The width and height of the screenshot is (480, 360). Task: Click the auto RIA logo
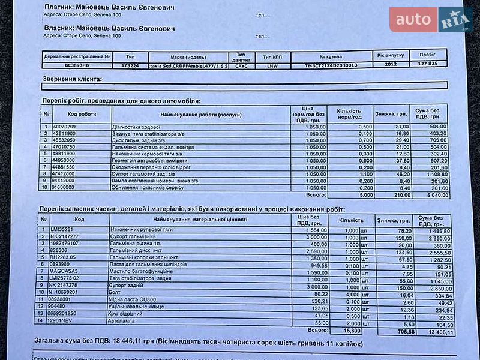(430, 19)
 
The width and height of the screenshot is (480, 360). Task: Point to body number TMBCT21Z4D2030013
(331, 65)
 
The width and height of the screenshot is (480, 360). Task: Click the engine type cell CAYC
(241, 65)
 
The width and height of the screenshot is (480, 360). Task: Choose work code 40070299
(64, 127)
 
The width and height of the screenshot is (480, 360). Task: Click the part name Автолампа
(125, 322)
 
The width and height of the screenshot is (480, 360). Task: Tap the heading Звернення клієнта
(72, 79)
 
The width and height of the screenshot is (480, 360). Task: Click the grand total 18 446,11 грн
(126, 343)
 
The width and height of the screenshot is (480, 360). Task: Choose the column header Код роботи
(82, 113)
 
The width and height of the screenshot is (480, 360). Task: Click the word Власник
(59, 28)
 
